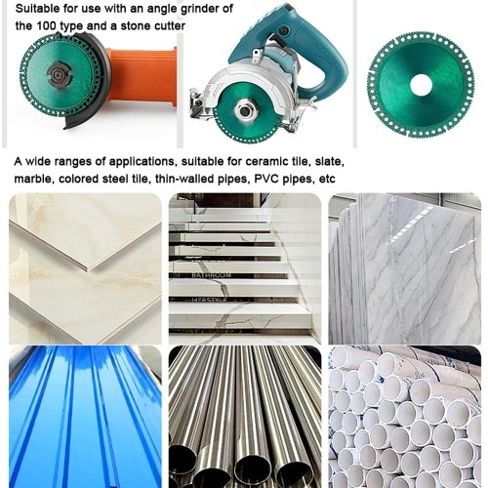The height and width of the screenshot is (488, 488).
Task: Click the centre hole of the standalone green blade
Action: click(x=421, y=85)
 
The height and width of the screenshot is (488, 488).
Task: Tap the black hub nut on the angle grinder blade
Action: click(x=60, y=75)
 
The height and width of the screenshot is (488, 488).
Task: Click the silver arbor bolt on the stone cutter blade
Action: click(x=244, y=110)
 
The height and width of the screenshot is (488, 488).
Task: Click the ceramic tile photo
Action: click(x=85, y=268)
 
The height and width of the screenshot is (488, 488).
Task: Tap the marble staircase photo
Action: click(x=245, y=268)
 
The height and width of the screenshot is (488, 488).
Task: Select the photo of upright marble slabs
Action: click(x=404, y=268)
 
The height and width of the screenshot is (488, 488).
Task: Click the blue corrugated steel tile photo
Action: click(x=85, y=417)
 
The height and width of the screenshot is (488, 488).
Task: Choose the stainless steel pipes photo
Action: click(x=245, y=417)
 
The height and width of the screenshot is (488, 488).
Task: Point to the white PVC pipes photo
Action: click(x=404, y=417)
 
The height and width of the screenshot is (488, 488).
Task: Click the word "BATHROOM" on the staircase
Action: click(x=212, y=275)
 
